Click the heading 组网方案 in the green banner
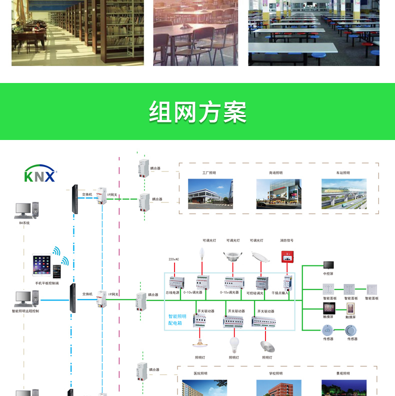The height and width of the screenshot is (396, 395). pyautogui.click(x=198, y=112)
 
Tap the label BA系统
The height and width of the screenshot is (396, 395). pyautogui.click(x=24, y=223)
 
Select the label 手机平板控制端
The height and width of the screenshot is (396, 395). pyautogui.click(x=46, y=283)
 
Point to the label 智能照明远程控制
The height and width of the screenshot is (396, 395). pyautogui.click(x=25, y=311)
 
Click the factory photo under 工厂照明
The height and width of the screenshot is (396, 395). pyautogui.click(x=210, y=193)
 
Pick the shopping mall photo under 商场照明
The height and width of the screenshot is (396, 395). pyautogui.click(x=278, y=193)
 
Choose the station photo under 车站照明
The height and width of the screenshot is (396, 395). pyautogui.click(x=343, y=193)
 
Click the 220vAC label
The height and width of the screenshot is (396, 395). pyautogui.click(x=173, y=259)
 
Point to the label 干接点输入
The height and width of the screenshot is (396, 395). pyautogui.click(x=280, y=292)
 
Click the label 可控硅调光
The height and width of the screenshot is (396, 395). pyautogui.click(x=255, y=293)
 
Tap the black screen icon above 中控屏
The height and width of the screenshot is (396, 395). pyautogui.click(x=328, y=265)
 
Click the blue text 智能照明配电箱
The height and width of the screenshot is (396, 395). pyautogui.click(x=177, y=319)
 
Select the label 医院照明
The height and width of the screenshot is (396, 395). pyautogui.click(x=200, y=373)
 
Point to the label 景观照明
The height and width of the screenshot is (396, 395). pyautogui.click(x=343, y=373)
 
